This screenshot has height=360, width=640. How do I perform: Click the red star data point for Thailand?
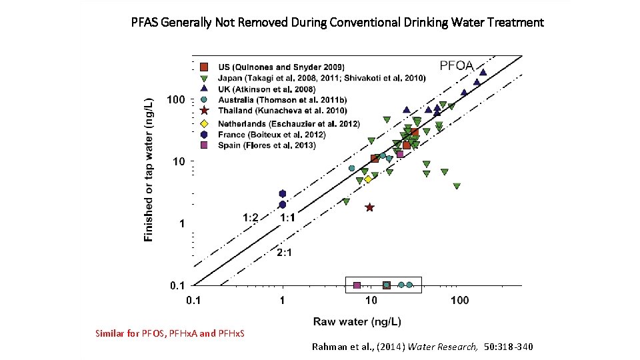click(370, 207)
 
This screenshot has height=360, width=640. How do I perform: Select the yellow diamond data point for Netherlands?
click(368, 179)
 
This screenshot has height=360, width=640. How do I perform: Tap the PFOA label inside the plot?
click(456, 65)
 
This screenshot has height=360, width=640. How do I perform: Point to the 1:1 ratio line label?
click(287, 217)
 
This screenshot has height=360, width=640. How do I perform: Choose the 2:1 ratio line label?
click(285, 252)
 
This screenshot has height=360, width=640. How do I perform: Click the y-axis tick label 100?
click(176, 100)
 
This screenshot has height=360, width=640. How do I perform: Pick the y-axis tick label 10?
click(179, 161)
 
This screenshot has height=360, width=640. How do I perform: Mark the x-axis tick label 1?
click(283, 301)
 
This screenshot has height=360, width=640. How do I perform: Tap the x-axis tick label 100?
click(459, 301)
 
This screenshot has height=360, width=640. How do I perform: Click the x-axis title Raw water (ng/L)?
click(357, 321)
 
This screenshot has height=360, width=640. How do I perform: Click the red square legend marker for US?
click(205, 67)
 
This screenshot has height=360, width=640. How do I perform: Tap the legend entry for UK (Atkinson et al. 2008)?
click(267, 89)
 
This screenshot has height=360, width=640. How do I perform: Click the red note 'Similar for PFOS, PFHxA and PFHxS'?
click(170, 333)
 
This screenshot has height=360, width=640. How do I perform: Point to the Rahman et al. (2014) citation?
click(422, 347)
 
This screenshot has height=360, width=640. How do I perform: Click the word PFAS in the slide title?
click(145, 23)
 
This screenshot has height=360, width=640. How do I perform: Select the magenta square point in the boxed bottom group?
click(357, 285)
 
